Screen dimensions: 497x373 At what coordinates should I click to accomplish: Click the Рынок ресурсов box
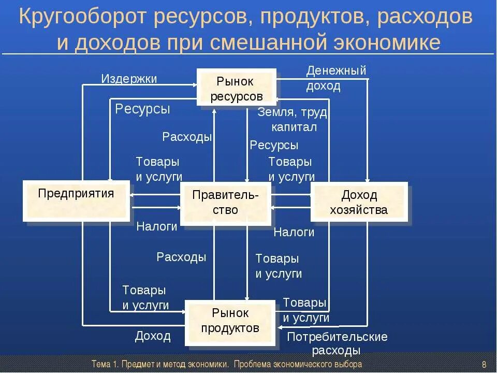coord(236,88)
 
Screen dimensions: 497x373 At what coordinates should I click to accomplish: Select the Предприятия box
coord(76,200)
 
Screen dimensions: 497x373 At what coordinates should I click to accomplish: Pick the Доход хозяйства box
coord(359,202)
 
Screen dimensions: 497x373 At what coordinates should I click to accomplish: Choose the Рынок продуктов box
coord(230,321)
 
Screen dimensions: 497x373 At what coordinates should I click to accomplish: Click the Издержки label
coord(129,79)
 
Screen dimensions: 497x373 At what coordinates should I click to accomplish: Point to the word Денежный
coord(336,70)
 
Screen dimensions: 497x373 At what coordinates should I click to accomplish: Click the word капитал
coord(294,127)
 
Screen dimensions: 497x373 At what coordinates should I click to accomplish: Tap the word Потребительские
coord(337,337)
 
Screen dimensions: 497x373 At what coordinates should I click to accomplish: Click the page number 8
coord(484,364)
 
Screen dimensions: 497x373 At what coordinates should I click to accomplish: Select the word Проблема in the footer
coord(250,364)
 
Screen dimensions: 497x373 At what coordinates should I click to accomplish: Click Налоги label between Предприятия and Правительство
coord(156,226)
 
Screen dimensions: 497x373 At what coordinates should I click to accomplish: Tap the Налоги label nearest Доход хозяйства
coord(294,232)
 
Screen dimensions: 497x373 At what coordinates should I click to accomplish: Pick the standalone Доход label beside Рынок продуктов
coord(153,336)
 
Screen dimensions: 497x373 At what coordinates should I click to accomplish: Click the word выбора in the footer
coord(349,364)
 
